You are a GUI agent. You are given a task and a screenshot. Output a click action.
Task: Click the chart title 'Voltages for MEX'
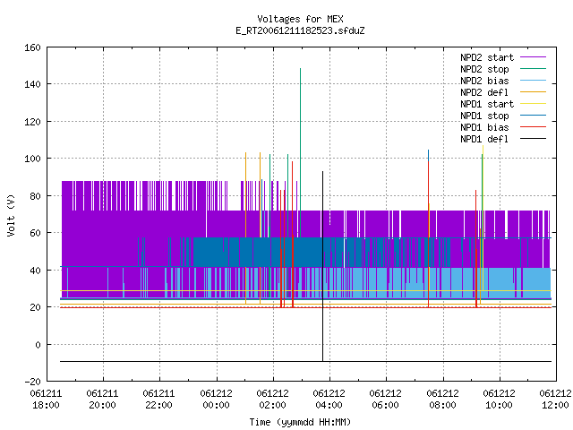tap(300, 19)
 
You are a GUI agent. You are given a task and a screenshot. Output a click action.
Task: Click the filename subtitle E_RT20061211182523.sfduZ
tap(300, 30)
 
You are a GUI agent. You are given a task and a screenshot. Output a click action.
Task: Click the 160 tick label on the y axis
tap(32, 47)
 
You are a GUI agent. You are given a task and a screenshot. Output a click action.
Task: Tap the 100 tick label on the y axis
tap(32, 159)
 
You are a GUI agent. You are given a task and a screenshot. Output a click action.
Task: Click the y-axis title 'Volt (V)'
tap(11, 215)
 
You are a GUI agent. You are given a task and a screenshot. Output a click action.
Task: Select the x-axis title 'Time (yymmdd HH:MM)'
tap(300, 422)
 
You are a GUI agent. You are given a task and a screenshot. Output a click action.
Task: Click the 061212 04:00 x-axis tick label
tap(329, 400)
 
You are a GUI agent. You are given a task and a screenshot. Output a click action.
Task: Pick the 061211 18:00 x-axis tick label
tap(46, 400)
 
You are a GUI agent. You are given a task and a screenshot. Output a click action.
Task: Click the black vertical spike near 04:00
tap(322, 266)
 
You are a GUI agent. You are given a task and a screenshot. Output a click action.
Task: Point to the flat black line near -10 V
tap(305, 362)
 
